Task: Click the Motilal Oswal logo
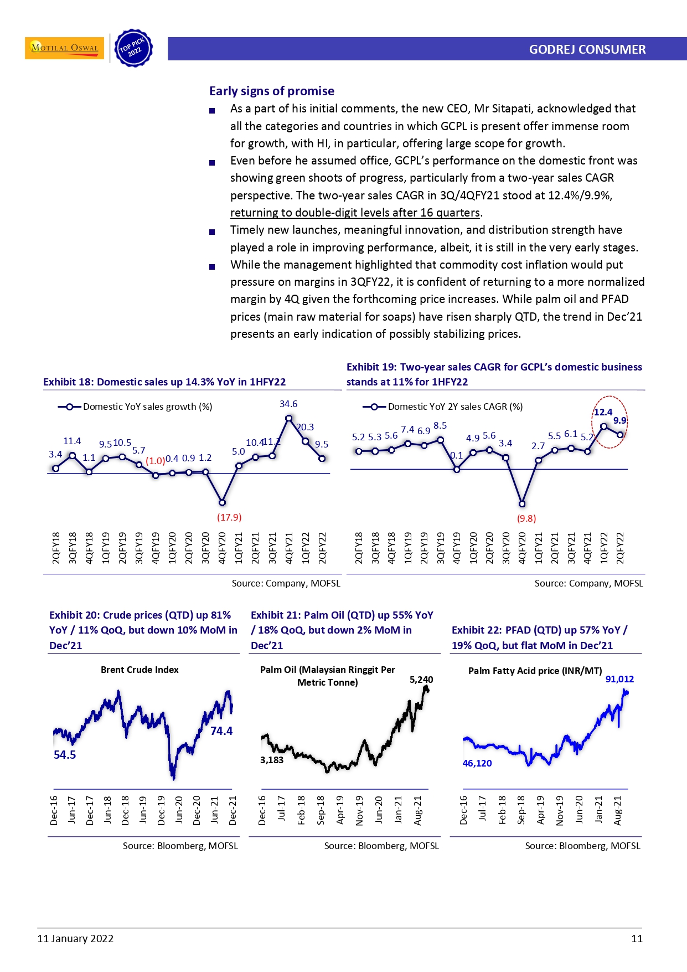click(x=64, y=48)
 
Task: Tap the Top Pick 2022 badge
click(x=133, y=49)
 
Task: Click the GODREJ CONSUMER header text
click(x=587, y=49)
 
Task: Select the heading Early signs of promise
click(x=271, y=91)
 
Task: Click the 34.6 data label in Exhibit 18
click(x=288, y=404)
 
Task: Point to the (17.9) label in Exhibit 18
click(x=229, y=517)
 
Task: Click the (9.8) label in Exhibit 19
click(x=526, y=518)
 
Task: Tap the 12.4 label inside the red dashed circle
click(x=603, y=412)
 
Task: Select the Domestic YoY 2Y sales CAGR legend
click(x=443, y=407)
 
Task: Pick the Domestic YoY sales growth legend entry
click(x=136, y=407)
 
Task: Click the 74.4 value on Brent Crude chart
click(x=221, y=731)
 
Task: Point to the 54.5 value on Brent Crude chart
click(x=65, y=755)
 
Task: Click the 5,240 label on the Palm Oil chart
click(x=421, y=680)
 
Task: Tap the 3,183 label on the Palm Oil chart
click(x=272, y=760)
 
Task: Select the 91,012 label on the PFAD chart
click(x=619, y=679)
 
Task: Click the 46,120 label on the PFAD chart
click(x=477, y=763)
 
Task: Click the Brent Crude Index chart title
click(x=140, y=670)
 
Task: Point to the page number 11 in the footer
click(x=637, y=938)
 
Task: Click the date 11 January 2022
click(x=75, y=938)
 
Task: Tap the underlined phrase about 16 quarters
click(x=355, y=213)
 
